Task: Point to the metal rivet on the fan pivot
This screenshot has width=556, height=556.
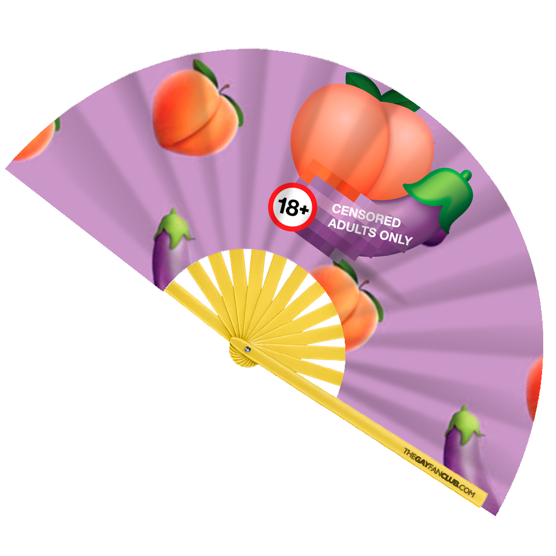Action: pos(247,349)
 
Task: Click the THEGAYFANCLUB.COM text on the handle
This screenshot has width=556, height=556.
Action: pos(439,467)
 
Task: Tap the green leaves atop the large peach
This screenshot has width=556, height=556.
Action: pos(384,92)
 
